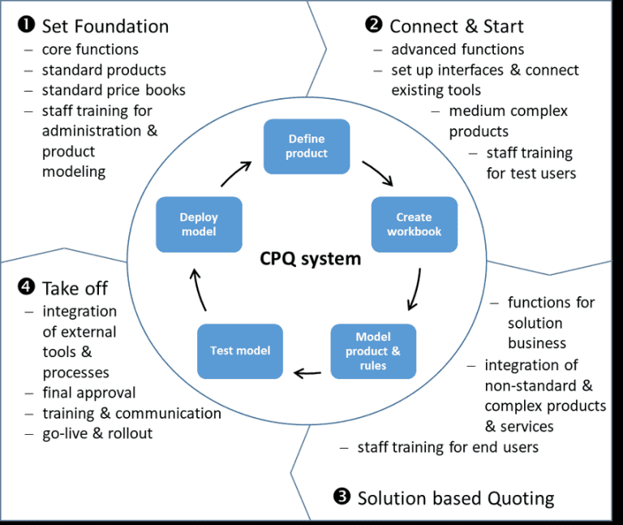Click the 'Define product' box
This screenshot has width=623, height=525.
307,146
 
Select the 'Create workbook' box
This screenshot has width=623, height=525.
414,224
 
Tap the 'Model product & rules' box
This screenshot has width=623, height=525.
372,351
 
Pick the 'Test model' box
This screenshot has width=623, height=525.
240,351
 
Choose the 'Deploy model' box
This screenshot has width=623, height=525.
199,224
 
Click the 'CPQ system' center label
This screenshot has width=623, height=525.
310,259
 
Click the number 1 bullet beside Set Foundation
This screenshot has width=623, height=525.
24,26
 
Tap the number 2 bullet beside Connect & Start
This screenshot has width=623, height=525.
374,26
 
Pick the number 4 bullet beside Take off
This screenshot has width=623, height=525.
24,288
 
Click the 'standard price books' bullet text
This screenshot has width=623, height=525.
114,90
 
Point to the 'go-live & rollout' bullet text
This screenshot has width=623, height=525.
97,433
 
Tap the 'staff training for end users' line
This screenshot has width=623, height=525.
448,447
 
